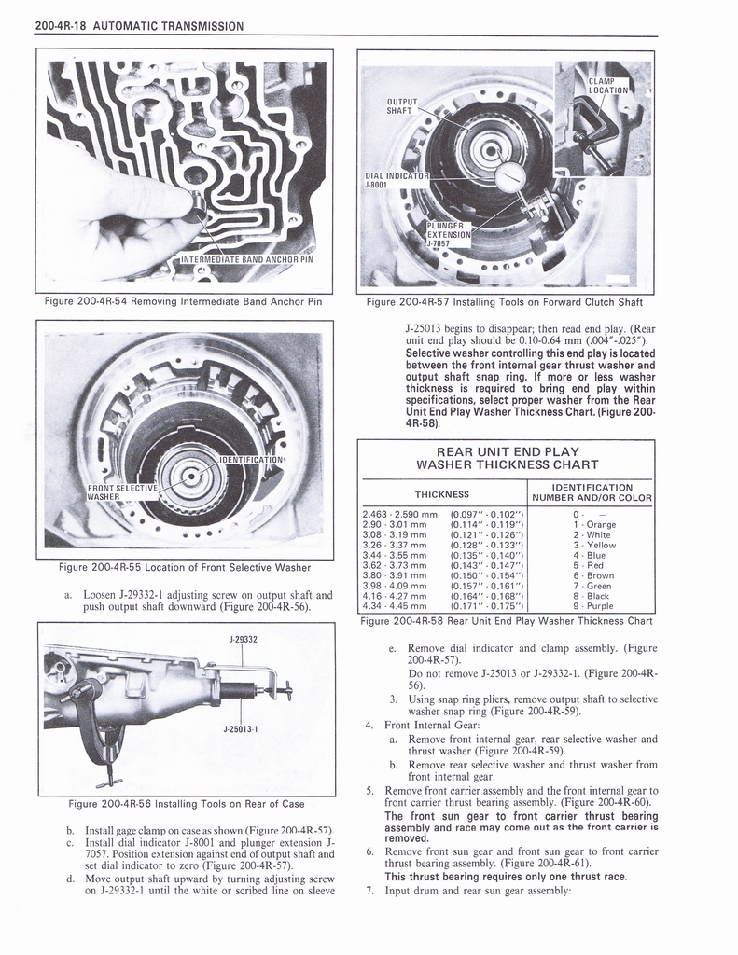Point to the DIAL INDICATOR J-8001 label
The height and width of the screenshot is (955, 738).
click(x=398, y=178)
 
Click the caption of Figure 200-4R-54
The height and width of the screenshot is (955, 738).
click(x=183, y=301)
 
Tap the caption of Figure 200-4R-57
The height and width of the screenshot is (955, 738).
click(x=505, y=301)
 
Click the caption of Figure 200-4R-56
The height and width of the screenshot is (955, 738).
click(x=186, y=804)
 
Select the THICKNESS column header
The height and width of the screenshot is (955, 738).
click(x=441, y=494)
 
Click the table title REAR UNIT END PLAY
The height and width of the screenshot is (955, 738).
click(x=507, y=451)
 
